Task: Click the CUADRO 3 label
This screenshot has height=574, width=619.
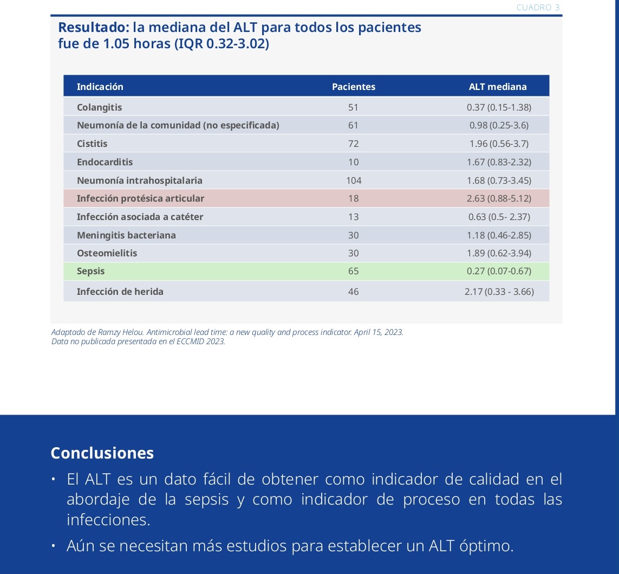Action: pos(538,8)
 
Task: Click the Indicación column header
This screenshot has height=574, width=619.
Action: pos(100,87)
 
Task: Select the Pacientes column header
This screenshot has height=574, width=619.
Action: pos(353,87)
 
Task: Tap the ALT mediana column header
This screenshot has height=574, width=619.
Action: pos(497,87)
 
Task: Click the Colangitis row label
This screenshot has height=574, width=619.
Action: pos(99,107)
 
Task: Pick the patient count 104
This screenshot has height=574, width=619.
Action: pos(354,180)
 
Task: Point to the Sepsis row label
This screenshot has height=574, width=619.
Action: pos(90,272)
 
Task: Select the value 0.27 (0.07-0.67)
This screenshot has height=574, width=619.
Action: pos(499,272)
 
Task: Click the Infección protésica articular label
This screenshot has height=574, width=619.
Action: pos(140,198)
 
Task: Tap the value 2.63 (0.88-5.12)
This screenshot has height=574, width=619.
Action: pos(499,198)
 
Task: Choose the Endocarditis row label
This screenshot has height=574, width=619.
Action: pos(105,162)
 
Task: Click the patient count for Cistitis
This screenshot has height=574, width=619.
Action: pos(353,144)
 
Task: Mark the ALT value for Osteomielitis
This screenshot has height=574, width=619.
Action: pos(499,253)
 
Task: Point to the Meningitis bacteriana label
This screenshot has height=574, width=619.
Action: pos(126,235)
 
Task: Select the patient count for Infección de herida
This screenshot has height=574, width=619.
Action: pos(353,292)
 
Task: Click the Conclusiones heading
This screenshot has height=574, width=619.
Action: pos(102,453)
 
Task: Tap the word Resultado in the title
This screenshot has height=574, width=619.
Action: pos(92,27)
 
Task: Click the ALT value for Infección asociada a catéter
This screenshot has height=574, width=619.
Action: pos(499,217)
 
